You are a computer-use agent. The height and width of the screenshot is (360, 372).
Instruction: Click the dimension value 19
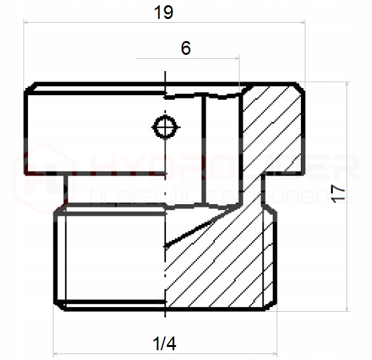(164, 12)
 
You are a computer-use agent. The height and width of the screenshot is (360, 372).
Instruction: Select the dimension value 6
(186, 49)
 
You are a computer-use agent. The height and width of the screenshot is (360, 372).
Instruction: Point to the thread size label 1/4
(164, 342)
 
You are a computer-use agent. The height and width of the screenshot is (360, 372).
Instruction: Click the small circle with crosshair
(165, 126)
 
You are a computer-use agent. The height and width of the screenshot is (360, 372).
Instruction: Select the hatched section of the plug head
(273, 130)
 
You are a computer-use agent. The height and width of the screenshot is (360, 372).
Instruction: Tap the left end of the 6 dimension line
(136, 59)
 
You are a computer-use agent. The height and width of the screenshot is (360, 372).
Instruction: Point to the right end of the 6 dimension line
(240, 59)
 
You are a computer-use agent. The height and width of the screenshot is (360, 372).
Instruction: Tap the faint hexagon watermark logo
(44, 169)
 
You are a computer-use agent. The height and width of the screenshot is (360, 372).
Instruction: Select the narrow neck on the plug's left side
(65, 189)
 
